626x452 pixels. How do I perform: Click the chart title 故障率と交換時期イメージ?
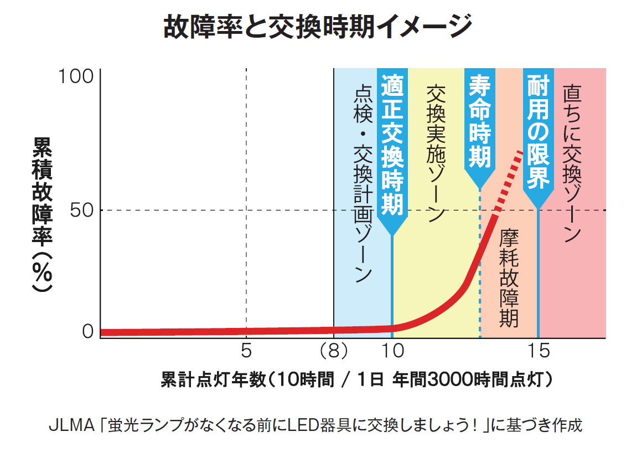[318, 27]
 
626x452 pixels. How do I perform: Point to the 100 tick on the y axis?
[76, 76]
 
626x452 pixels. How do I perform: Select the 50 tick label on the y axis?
[81, 210]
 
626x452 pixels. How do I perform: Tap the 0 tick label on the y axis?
[88, 331]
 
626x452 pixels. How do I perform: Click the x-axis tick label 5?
[246, 351]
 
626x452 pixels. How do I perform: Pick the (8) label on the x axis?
[334, 351]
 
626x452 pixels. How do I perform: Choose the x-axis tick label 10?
[393, 351]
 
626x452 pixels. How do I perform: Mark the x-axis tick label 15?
[539, 351]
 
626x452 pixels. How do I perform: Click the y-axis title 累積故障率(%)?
[42, 214]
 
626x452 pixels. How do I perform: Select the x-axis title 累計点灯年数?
[213, 379]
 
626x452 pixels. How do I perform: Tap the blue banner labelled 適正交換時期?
[392, 152]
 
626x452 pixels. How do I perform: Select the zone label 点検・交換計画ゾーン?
[363, 184]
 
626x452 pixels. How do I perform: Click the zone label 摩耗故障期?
[509, 278]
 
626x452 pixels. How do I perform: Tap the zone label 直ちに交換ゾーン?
[572, 163]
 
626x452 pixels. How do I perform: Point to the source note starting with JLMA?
[315, 425]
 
